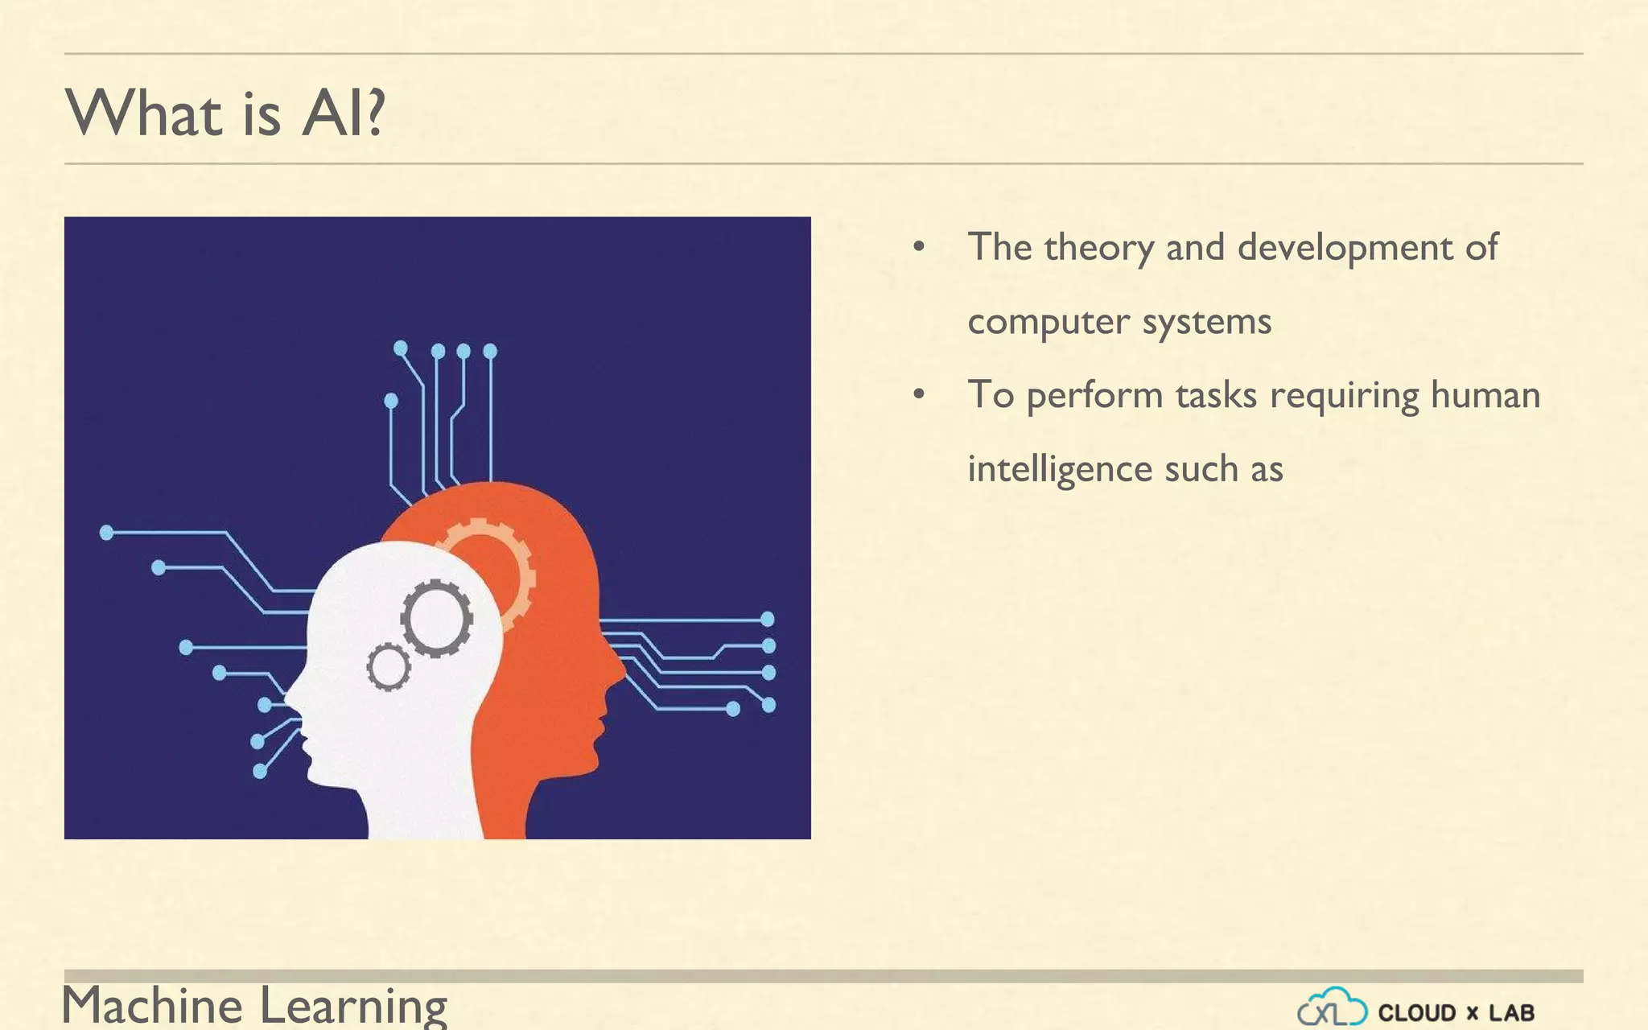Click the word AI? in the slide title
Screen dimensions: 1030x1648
coord(344,113)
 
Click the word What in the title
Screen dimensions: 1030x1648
coord(143,113)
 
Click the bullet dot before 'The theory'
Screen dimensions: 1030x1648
coord(919,247)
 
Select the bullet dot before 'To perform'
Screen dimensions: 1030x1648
coord(919,395)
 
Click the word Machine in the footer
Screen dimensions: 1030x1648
coord(152,1006)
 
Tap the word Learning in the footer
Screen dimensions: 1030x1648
coord(353,1006)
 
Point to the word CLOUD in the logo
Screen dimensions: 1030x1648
coord(1416,1012)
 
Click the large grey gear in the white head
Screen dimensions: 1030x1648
coord(436,618)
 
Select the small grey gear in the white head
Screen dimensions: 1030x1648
coord(389,667)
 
